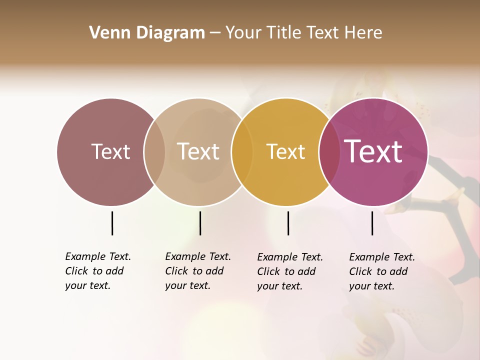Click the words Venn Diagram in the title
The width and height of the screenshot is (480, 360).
pos(147,33)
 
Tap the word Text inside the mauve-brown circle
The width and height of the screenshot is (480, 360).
pos(110,151)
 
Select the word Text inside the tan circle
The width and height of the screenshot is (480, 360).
pos(198,151)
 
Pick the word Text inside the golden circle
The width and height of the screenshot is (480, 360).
pos(285,151)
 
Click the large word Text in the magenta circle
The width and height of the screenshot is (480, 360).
pos(373,151)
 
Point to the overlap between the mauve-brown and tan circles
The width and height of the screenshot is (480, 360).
pos(154,152)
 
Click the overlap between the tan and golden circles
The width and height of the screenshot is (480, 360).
pos(242,152)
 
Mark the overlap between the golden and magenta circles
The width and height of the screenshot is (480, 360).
pos(329,152)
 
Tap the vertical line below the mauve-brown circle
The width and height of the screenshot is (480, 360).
pos(112,223)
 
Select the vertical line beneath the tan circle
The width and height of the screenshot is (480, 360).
pos(200,223)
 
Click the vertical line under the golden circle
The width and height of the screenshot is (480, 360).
pos(288,223)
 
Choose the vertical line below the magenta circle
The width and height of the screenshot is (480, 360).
pos(372,223)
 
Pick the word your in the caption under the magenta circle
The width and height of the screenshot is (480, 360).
pos(359,286)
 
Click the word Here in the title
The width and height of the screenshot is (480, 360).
pos(365,33)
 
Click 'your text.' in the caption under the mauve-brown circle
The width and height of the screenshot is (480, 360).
pos(87,285)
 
